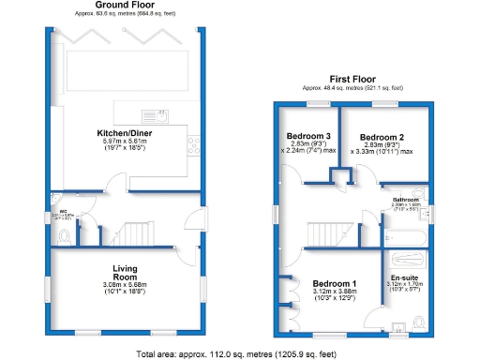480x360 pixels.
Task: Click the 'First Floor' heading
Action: [352, 79]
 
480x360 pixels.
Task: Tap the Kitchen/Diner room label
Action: [125, 133]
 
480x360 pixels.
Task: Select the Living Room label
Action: [125, 272]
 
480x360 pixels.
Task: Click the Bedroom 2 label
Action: [381, 137]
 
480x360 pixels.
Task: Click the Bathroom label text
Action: [405, 200]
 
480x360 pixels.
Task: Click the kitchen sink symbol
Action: [160, 115]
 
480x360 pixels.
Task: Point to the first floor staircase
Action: [322, 230]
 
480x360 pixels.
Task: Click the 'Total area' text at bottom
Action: [236, 353]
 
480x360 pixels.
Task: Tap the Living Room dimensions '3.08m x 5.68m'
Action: [125, 285]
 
